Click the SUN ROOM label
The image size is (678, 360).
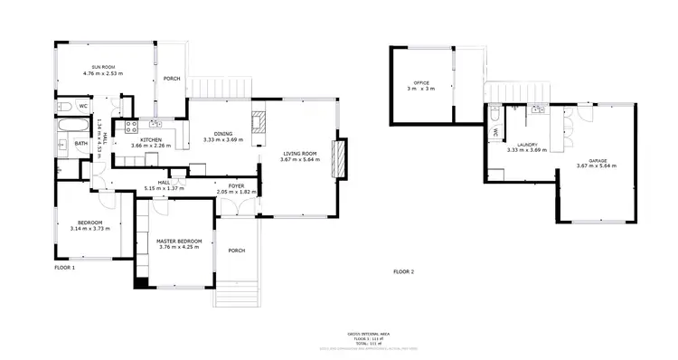click(102, 67)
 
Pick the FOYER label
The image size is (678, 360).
click(237, 185)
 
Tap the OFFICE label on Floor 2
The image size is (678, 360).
click(420, 83)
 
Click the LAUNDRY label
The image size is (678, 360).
click(527, 145)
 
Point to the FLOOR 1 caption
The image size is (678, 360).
click(64, 268)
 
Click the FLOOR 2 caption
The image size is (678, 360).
click(403, 271)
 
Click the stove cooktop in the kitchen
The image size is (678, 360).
click(130, 126)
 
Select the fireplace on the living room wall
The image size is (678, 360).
click(340, 160)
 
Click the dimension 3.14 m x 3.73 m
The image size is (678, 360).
click(89, 228)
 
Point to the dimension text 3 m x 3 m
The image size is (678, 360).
click(420, 89)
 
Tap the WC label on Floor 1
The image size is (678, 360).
click(82, 107)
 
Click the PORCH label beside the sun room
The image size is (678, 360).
click(172, 79)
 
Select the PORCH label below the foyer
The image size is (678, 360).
click(237, 250)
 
